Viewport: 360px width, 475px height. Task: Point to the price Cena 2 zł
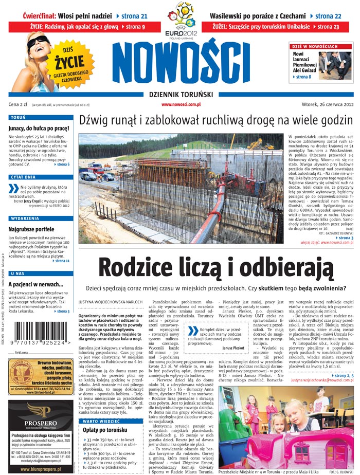[x=18, y=104]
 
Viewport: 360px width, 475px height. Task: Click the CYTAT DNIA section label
[x=23, y=177]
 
